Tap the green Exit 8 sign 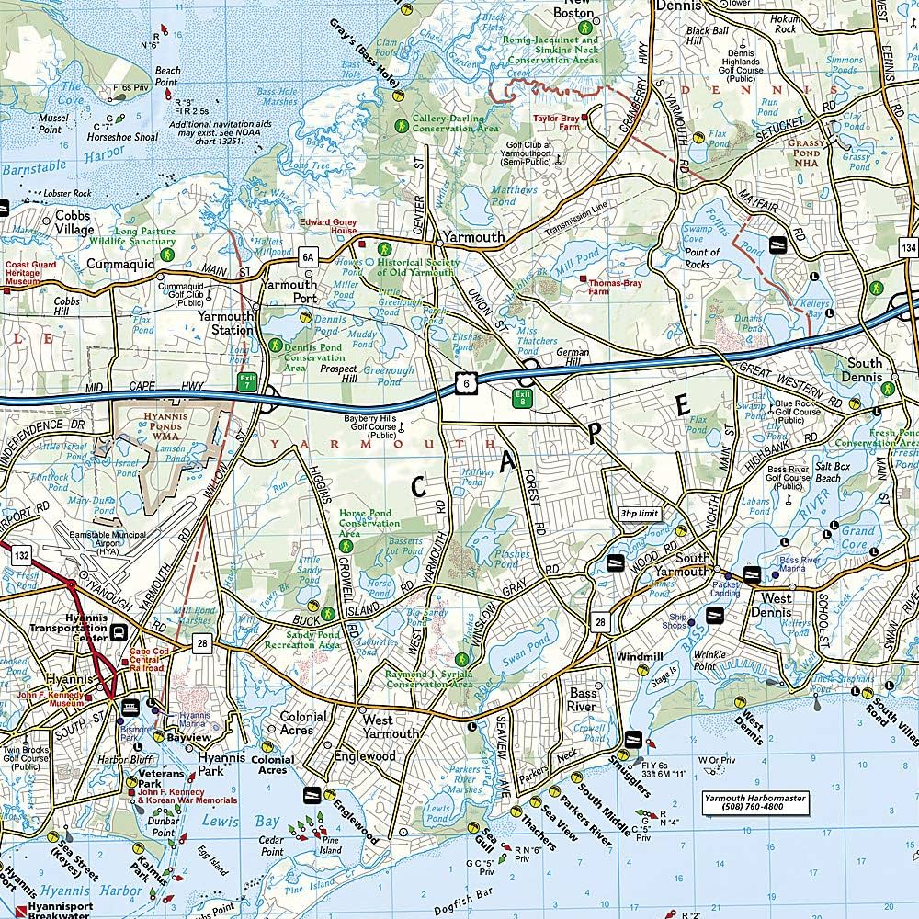[522, 399]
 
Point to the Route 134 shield [909, 250]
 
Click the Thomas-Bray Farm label [613, 289]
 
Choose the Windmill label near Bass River [632, 657]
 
